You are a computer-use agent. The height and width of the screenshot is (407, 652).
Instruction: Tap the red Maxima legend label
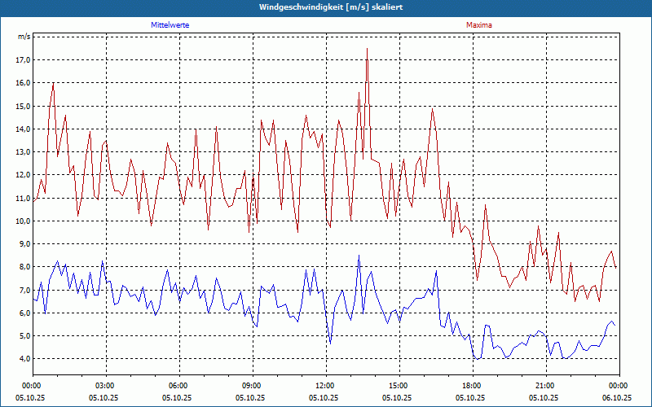click(x=479, y=25)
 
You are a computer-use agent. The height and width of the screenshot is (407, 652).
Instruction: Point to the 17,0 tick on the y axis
click(x=22, y=60)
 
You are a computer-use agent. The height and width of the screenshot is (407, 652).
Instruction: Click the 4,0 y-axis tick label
click(x=24, y=359)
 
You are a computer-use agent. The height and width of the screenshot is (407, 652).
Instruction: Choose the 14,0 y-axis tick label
click(x=22, y=129)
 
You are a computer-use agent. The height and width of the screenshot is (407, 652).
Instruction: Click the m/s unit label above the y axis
click(x=24, y=37)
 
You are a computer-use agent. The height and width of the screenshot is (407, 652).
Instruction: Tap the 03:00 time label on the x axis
click(x=105, y=385)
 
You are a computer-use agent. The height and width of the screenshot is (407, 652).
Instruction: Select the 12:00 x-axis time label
click(x=325, y=385)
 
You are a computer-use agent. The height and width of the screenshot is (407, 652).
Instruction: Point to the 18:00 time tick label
click(x=472, y=385)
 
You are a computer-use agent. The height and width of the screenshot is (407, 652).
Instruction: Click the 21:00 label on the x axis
click(x=545, y=385)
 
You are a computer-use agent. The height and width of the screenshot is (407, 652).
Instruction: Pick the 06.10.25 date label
click(x=617, y=397)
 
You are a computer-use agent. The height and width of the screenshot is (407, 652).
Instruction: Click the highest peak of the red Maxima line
click(x=367, y=49)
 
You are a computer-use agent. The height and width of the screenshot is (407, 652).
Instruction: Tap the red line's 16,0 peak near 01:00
click(x=53, y=83)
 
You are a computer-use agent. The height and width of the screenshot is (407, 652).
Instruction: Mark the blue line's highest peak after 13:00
click(x=359, y=256)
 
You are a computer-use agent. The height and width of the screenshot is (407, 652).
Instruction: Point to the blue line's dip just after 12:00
click(x=330, y=344)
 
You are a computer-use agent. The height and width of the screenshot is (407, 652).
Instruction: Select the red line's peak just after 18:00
click(x=485, y=205)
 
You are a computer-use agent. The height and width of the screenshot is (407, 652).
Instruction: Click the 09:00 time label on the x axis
click(x=252, y=385)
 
